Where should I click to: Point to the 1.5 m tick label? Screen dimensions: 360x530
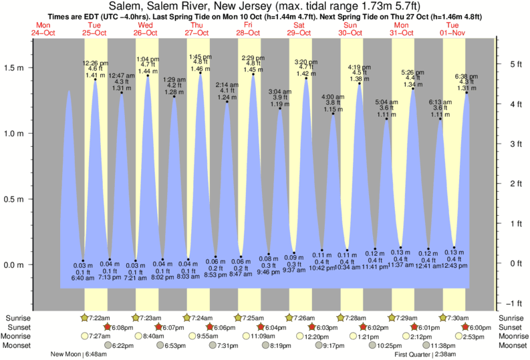[14, 67]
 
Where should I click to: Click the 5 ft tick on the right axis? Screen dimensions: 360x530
[509, 64]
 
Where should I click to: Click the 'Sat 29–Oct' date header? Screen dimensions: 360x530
[299, 29]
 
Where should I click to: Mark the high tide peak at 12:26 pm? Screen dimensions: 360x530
[95, 79]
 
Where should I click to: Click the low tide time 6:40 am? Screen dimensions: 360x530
[82, 278]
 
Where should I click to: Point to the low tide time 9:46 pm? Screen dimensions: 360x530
[269, 273]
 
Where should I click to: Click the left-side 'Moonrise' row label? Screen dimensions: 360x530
[20, 336]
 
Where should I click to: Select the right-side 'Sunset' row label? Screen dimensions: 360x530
[511, 327]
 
